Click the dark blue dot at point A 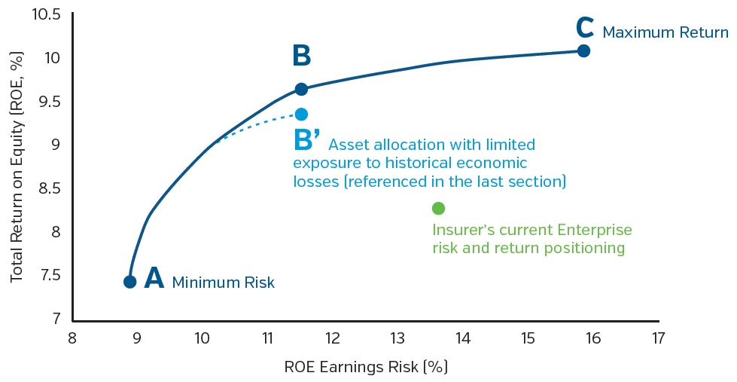coord(129,282)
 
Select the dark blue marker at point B coord(301,89)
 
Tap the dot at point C coord(583,50)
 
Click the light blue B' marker coord(301,114)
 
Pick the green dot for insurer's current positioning coord(438,208)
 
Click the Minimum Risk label coord(224,283)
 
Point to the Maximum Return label coord(665,32)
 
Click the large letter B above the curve coord(301,57)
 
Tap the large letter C coord(585,28)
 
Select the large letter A coord(154,278)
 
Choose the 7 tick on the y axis coord(56,319)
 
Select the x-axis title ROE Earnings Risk coord(366,367)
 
